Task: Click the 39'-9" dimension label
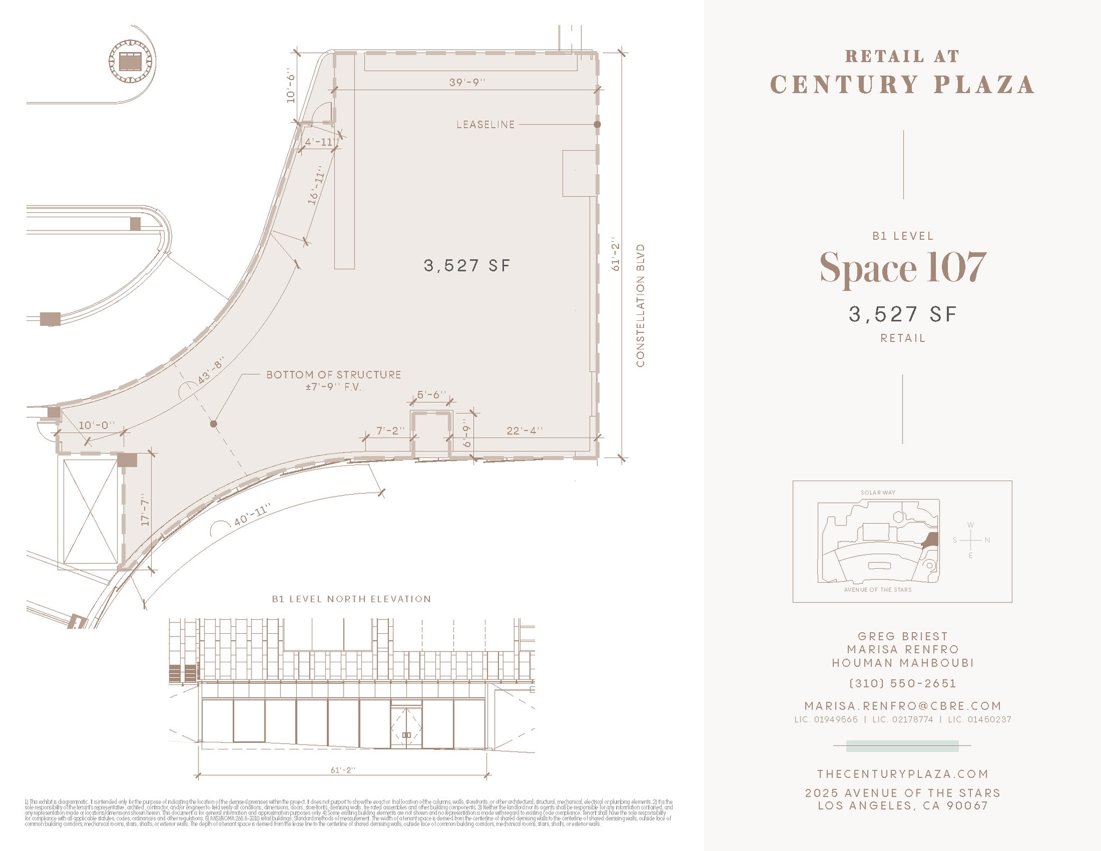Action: pyautogui.click(x=467, y=82)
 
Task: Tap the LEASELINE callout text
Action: pyautogui.click(x=485, y=125)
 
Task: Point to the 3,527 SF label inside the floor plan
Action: pyautogui.click(x=467, y=266)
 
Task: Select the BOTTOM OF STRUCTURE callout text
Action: pyautogui.click(x=333, y=375)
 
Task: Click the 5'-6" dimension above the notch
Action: pyautogui.click(x=432, y=395)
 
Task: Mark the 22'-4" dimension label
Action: pyautogui.click(x=524, y=431)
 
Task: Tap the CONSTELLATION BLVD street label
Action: pyautogui.click(x=640, y=306)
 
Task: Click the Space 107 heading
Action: pyautogui.click(x=903, y=267)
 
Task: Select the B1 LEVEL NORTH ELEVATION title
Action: pyautogui.click(x=351, y=599)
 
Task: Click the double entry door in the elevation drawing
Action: pyautogui.click(x=406, y=728)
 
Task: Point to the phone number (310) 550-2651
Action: pyautogui.click(x=903, y=684)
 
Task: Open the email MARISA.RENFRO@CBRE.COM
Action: pyautogui.click(x=903, y=706)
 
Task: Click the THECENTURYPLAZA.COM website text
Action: pyautogui.click(x=903, y=774)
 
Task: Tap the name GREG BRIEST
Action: pyautogui.click(x=903, y=637)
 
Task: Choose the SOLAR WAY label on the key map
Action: pyautogui.click(x=878, y=492)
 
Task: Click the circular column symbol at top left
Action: pyautogui.click(x=129, y=61)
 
